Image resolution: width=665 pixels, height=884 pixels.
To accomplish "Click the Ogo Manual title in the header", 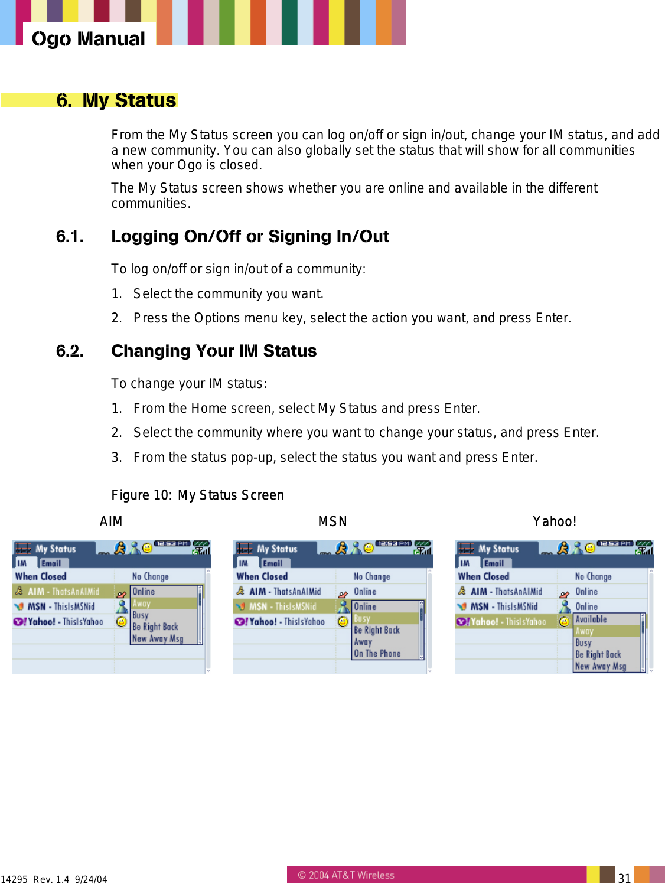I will [88, 39].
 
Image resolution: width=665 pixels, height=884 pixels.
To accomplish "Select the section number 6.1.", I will [70, 237].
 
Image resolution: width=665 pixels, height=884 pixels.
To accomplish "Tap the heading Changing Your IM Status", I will [214, 351].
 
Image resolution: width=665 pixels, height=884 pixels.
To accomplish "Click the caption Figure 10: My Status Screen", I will [197, 495].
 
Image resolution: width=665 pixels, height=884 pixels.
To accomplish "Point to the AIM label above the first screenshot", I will [111, 521].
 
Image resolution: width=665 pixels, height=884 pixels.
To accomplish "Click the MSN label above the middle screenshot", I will [332, 521].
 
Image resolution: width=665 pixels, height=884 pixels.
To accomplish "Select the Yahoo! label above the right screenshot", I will [554, 521].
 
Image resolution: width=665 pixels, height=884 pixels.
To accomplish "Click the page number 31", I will [624, 878].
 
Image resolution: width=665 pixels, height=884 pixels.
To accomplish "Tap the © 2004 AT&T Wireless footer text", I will [346, 875].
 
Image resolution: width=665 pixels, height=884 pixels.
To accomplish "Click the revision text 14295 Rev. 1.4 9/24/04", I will [54, 879].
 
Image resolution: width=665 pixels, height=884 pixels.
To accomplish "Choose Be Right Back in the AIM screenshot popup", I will [155, 627].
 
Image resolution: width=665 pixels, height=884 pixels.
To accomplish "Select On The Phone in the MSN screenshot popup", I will [377, 653].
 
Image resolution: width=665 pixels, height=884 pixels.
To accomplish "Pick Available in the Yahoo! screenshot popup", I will [591, 619].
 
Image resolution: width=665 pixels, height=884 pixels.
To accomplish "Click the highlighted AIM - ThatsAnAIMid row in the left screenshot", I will [63, 591].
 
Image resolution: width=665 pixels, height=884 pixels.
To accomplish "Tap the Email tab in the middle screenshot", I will [272, 563].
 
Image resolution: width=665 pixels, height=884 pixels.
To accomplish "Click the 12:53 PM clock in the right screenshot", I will [614, 543].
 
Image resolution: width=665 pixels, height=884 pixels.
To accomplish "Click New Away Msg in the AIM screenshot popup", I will [158, 638].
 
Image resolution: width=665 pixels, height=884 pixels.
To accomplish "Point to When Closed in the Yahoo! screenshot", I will [484, 576].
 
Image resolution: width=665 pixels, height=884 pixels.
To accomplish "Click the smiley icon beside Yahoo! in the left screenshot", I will [121, 621].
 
